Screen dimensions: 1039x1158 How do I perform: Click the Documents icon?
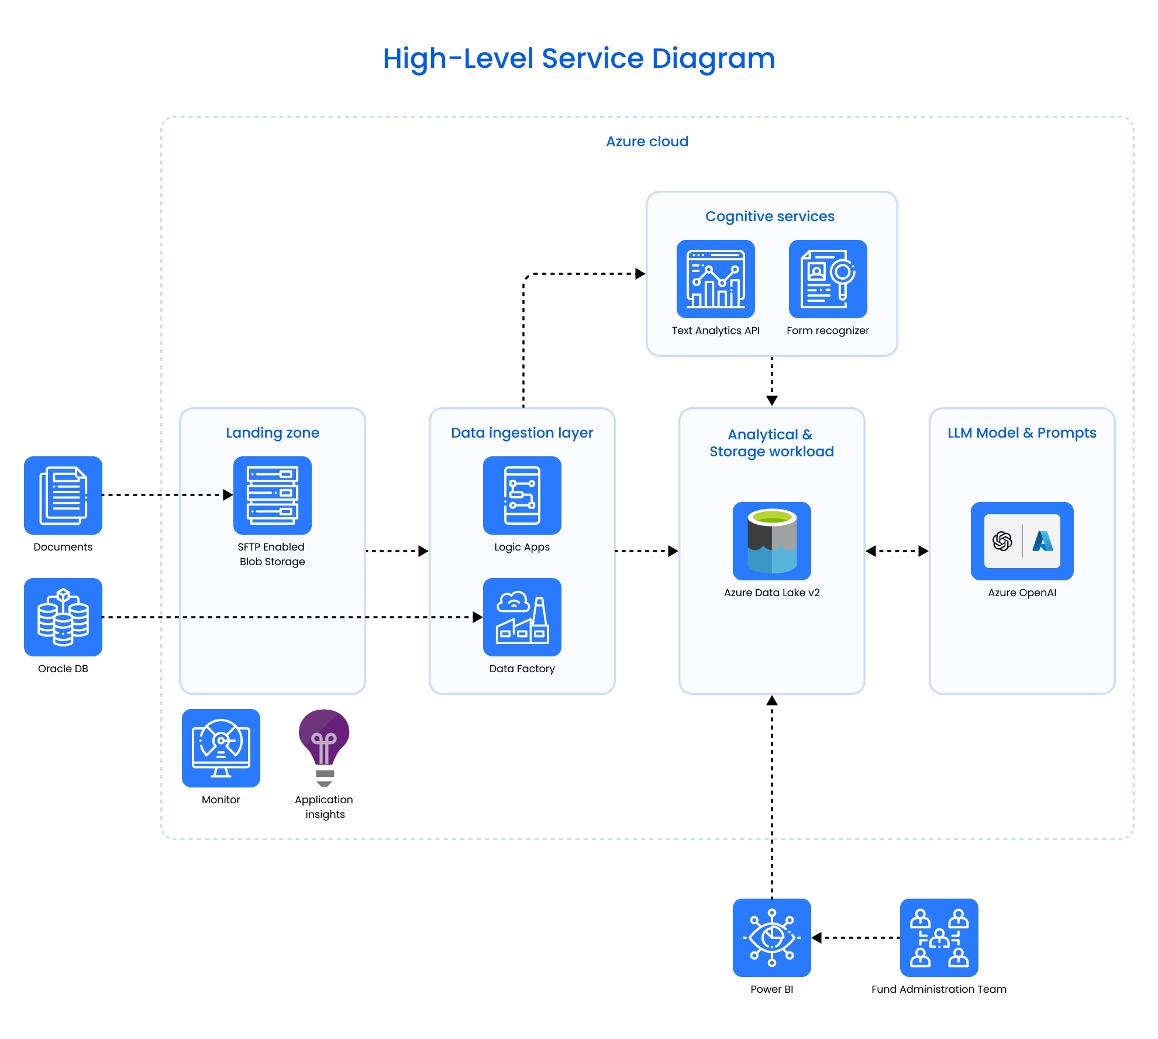(x=63, y=495)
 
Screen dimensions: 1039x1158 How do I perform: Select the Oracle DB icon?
(x=63, y=617)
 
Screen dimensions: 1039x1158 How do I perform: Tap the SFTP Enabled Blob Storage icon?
(x=272, y=495)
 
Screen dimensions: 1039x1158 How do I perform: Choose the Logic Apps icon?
(x=522, y=495)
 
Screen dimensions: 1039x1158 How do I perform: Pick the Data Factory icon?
(x=522, y=617)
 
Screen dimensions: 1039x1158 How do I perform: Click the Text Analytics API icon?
(x=715, y=278)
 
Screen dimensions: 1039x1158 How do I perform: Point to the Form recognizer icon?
(x=828, y=278)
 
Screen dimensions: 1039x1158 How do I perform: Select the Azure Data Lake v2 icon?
(x=771, y=541)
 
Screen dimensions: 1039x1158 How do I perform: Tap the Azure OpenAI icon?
(x=1022, y=541)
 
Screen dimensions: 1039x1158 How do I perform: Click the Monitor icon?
(x=220, y=748)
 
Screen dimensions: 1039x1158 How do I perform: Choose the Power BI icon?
(x=771, y=937)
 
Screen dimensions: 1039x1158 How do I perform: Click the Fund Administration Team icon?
(x=939, y=937)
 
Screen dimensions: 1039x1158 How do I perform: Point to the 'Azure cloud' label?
(x=647, y=142)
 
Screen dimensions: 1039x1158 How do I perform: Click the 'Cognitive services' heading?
(x=770, y=216)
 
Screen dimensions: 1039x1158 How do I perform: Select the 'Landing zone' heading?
(x=273, y=433)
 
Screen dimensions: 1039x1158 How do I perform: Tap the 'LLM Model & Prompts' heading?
(x=1022, y=433)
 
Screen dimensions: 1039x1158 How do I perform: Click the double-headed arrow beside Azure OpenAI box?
(x=897, y=551)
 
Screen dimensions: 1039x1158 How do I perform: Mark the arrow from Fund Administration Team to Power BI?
(x=855, y=938)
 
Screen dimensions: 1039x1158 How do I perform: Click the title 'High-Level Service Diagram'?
(x=578, y=59)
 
